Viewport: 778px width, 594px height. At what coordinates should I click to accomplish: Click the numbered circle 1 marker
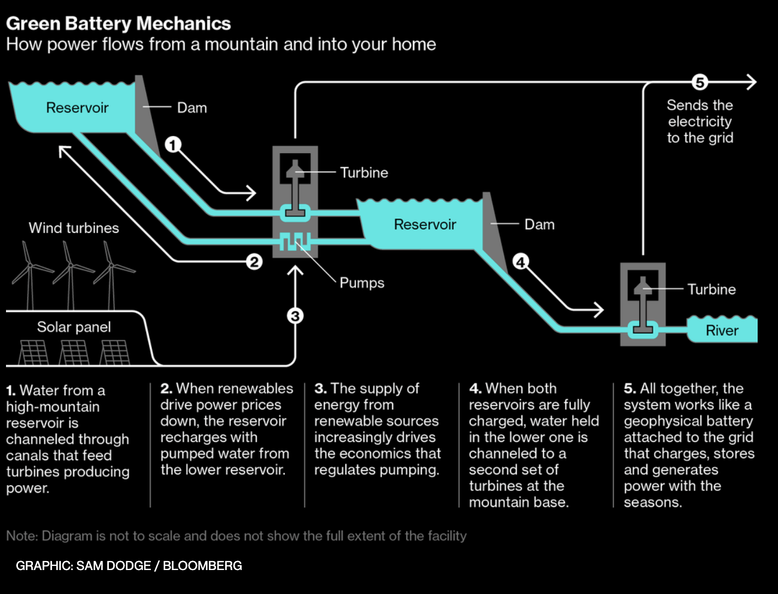[173, 145]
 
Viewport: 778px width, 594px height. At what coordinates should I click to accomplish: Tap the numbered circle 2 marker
[254, 262]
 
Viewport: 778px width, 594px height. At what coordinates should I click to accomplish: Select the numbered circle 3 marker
[295, 316]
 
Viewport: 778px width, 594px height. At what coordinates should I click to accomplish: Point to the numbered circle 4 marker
[521, 262]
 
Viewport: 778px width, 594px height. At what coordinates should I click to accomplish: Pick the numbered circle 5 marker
[700, 82]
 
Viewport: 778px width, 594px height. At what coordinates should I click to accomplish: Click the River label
[722, 331]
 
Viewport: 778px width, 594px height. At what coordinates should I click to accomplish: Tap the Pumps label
[361, 283]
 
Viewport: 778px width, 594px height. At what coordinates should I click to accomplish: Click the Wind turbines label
[74, 228]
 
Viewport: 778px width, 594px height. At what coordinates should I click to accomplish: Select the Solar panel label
[74, 327]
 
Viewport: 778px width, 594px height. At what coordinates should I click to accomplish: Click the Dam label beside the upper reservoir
[192, 108]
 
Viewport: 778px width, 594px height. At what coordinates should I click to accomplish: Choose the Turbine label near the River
[711, 289]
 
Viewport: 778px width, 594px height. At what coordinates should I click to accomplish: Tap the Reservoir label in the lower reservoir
[425, 225]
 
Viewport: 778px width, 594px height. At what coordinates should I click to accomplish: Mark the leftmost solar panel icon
[34, 352]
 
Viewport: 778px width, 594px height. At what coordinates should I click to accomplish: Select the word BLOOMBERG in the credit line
[202, 566]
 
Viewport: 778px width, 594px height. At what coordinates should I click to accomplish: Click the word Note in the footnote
[21, 536]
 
